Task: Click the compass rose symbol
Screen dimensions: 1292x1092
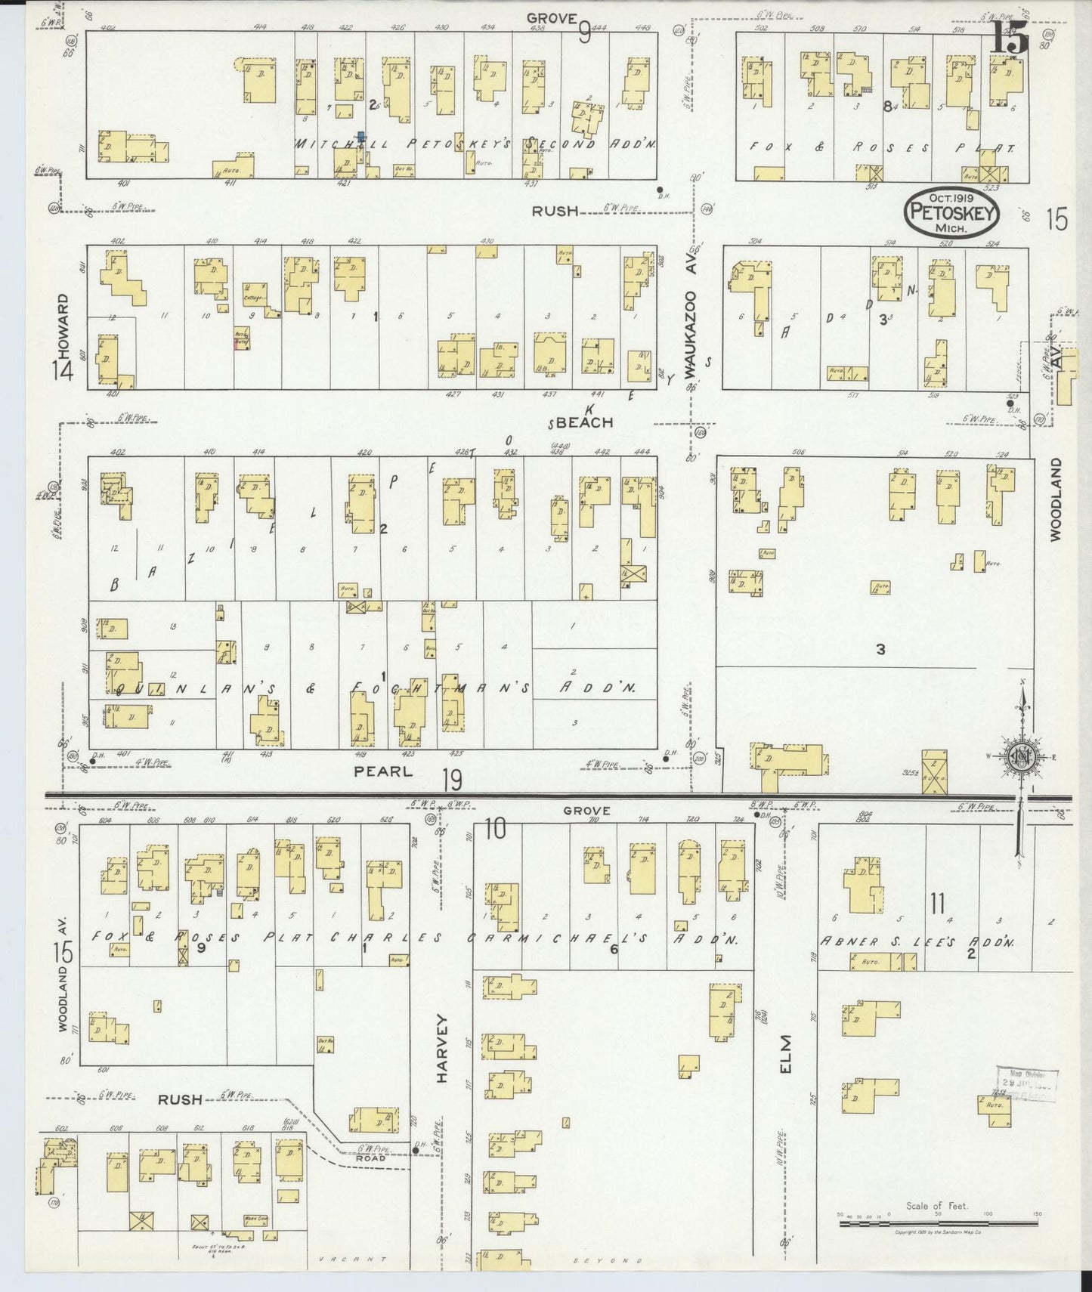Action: click(1020, 759)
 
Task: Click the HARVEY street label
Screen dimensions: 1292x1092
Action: click(442, 1052)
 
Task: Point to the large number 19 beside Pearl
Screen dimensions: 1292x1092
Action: click(452, 778)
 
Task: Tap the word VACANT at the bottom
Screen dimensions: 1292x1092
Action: click(353, 1260)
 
